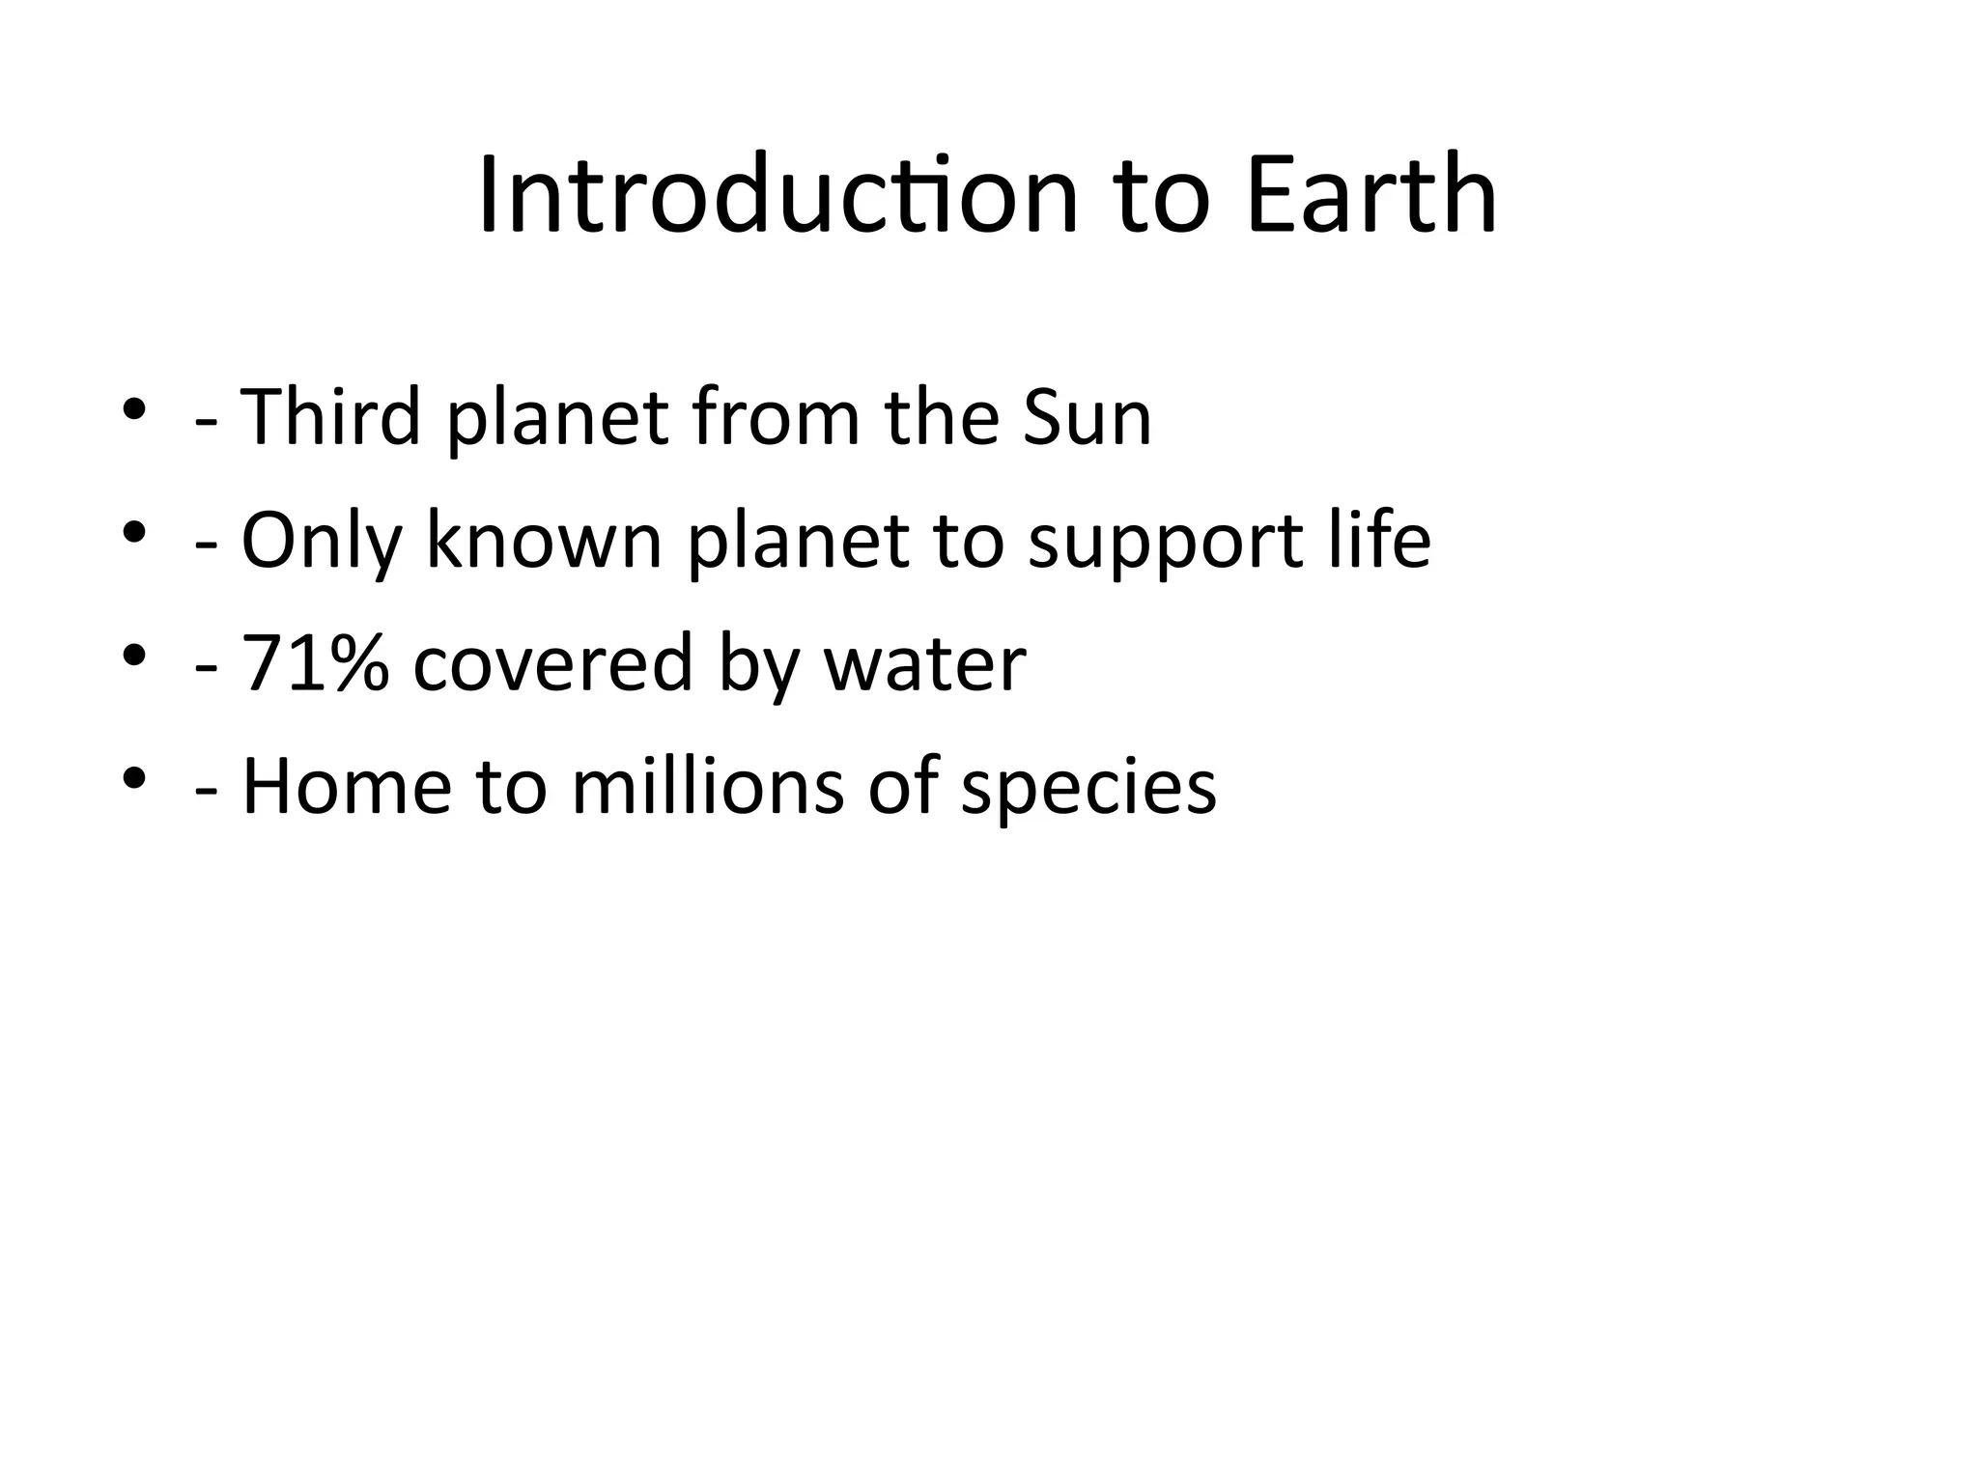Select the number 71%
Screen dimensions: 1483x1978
click(315, 663)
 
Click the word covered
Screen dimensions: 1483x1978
click(553, 663)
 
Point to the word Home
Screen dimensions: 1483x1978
click(346, 786)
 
